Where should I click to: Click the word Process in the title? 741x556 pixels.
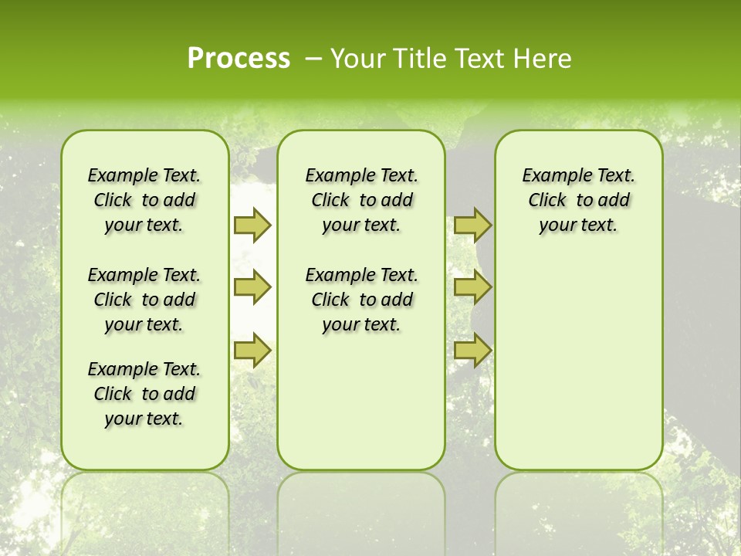click(239, 59)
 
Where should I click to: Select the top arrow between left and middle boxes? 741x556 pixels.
click(252, 225)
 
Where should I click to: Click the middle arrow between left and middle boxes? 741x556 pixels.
click(252, 287)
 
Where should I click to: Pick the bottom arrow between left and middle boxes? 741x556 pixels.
click(252, 351)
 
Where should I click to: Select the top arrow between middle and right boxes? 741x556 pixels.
click(472, 225)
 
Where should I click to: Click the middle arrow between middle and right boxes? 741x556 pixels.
click(472, 287)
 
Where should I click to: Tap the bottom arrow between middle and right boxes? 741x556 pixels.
click(472, 351)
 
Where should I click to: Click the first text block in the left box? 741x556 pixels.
click(144, 200)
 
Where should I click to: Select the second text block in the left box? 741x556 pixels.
click(144, 300)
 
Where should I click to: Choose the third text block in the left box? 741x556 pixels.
click(144, 394)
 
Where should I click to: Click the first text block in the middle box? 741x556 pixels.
click(361, 200)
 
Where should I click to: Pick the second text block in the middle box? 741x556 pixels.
click(361, 300)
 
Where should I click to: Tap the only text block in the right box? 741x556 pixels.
click(578, 200)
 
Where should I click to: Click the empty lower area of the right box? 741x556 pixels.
click(578, 363)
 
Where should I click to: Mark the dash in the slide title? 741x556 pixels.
click(313, 59)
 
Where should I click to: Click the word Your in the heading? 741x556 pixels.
click(358, 59)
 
